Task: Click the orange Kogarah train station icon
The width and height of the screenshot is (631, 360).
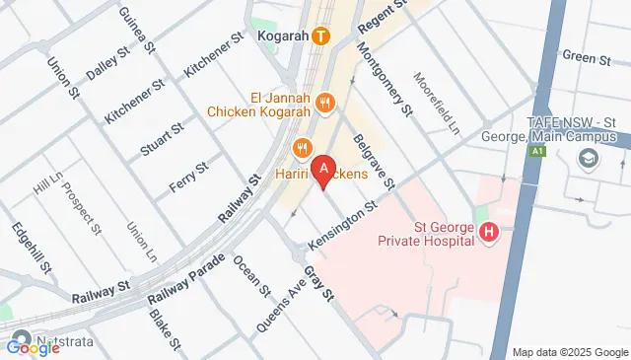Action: [x=320, y=37]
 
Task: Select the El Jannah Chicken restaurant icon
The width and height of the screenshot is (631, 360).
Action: [x=327, y=102]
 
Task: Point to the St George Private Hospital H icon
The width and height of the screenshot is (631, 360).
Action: [x=488, y=233]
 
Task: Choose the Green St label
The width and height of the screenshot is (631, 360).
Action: [x=586, y=57]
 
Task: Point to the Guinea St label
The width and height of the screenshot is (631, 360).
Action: [x=136, y=29]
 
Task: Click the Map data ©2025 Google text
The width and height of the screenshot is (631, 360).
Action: [x=570, y=352]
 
